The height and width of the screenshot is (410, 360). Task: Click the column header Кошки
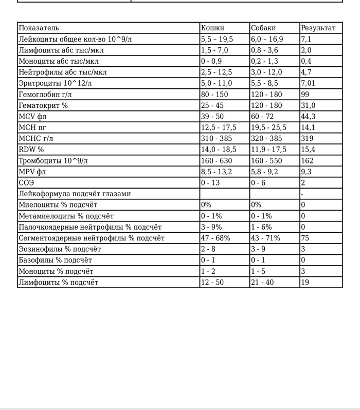click(x=212, y=28)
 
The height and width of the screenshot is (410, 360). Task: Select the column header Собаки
click(x=263, y=28)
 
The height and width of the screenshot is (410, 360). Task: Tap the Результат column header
click(x=318, y=28)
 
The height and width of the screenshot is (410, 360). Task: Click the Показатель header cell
click(x=39, y=28)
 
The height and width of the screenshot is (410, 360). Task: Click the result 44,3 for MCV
click(x=308, y=117)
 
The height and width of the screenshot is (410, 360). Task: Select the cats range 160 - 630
click(x=216, y=161)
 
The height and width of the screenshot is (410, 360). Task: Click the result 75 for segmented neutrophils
click(x=305, y=238)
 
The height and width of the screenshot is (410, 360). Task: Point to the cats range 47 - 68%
click(x=215, y=238)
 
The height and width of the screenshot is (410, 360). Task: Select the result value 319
click(x=307, y=139)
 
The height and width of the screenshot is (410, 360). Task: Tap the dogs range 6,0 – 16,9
click(x=266, y=39)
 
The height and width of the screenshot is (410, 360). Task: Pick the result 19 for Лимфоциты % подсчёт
click(x=305, y=282)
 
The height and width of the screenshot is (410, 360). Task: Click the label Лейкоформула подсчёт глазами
click(x=75, y=194)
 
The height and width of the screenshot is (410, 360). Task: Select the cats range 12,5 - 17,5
click(x=219, y=127)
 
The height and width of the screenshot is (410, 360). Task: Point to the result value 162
click(x=307, y=161)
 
